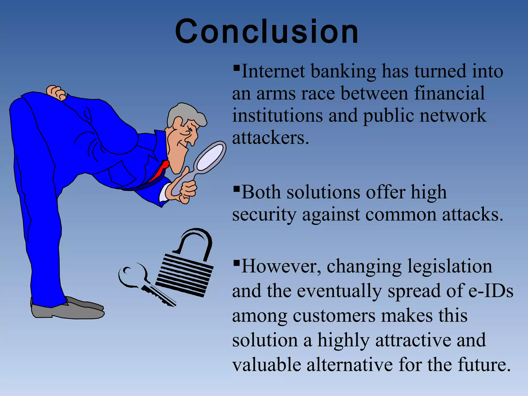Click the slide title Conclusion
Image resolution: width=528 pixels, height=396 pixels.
click(267, 32)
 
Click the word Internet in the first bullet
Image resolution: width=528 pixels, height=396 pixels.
click(273, 71)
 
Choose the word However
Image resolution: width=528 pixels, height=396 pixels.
click(281, 266)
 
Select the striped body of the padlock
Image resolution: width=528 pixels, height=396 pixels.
click(184, 276)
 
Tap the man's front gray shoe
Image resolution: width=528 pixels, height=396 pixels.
click(67, 312)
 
